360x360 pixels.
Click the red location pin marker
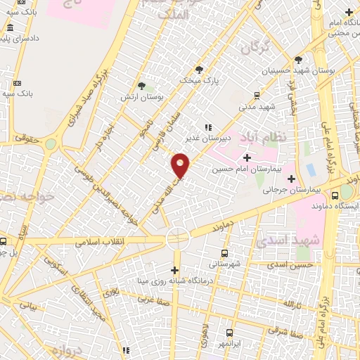[181, 164]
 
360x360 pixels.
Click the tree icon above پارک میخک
[199, 70]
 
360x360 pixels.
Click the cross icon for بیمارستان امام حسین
[246, 158]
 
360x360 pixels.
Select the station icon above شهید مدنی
[257, 94]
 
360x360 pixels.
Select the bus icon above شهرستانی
[224, 253]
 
